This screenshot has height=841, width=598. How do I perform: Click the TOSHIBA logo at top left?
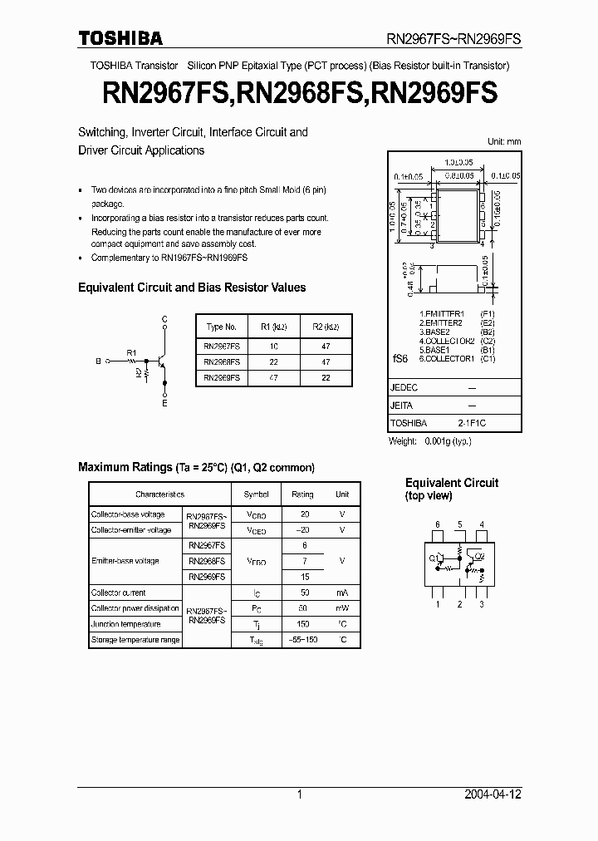120,38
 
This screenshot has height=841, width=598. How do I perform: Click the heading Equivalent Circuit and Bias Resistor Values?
192,288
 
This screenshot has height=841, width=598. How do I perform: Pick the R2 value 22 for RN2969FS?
325,376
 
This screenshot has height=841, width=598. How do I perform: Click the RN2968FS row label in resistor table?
222,361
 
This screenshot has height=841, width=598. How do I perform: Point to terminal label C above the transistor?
164,319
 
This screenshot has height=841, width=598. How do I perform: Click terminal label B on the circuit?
98,361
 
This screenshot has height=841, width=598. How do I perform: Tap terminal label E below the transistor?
164,403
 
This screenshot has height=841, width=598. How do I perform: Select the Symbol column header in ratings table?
256,494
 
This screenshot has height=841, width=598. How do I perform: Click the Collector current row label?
119,593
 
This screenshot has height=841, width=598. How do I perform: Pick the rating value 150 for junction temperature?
303,624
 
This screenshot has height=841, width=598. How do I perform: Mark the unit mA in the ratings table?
342,593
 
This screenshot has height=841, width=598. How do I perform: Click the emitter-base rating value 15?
304,577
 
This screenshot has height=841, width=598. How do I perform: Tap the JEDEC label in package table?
404,388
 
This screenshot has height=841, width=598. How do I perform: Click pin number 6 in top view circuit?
438,524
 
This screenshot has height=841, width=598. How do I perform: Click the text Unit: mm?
503,141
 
